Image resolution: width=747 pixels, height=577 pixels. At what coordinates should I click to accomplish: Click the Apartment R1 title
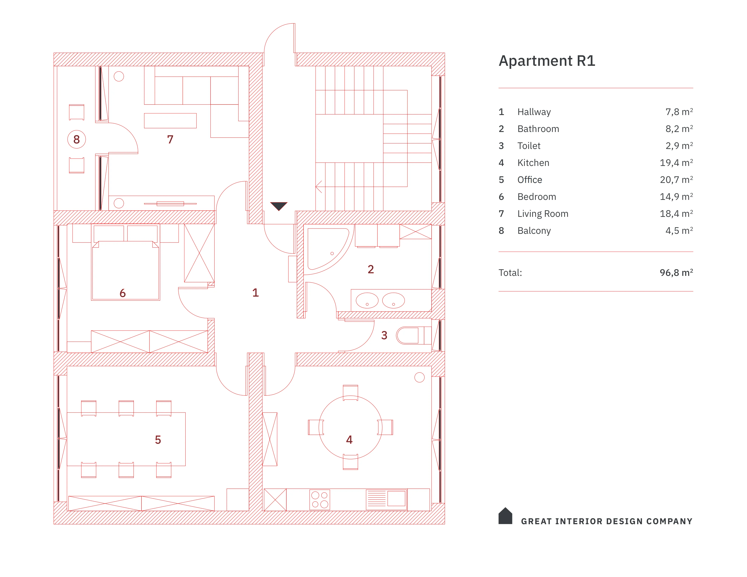[x=546, y=61]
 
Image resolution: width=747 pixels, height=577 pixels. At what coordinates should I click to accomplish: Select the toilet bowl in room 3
[x=409, y=335]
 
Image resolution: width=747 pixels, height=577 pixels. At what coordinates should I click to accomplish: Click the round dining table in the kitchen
[x=350, y=427]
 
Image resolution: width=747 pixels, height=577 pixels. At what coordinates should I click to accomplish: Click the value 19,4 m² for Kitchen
[x=676, y=163]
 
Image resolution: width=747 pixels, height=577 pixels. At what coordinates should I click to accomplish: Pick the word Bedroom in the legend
[x=536, y=197]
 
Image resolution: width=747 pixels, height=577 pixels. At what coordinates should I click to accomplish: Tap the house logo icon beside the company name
[x=505, y=516]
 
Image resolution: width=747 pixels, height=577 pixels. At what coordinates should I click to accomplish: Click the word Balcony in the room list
[x=534, y=231]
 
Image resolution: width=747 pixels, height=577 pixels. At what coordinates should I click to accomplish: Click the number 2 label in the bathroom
[x=370, y=269]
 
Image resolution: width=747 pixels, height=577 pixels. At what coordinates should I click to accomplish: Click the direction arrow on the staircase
[x=319, y=187]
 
